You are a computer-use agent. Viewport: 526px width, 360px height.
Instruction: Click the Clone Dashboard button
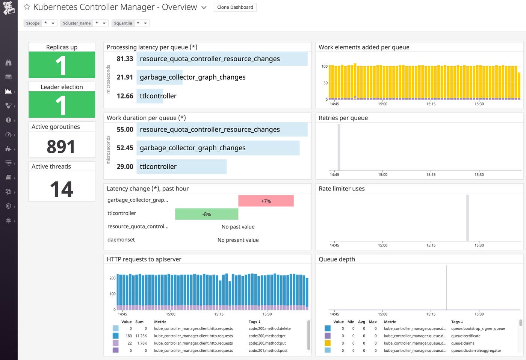(235, 7)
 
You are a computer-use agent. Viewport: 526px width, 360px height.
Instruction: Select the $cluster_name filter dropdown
(84, 23)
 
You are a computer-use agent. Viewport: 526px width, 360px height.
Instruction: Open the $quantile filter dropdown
(130, 23)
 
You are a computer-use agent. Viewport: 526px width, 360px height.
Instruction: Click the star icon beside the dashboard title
(27, 7)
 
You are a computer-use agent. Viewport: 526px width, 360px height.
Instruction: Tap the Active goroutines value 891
(61, 147)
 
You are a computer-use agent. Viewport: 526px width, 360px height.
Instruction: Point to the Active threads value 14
(62, 189)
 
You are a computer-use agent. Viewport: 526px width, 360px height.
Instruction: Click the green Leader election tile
(62, 105)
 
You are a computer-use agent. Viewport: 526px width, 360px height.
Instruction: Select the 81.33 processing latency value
(125, 59)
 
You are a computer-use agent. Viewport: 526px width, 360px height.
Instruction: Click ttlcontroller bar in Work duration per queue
(181, 167)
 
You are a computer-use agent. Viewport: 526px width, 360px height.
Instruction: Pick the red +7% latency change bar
(266, 201)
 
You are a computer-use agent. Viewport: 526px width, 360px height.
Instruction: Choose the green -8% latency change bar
(206, 214)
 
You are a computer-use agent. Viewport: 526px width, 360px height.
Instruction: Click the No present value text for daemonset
(238, 240)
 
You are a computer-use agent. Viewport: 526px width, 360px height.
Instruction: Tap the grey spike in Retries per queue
(339, 147)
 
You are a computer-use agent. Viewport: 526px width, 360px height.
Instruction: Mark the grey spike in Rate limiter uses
(467, 218)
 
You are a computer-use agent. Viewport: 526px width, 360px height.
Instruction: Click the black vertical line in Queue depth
(447, 287)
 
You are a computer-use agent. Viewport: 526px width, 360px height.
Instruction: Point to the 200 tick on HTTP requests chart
(112, 278)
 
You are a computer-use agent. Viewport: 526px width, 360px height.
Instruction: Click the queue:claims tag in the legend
(463, 343)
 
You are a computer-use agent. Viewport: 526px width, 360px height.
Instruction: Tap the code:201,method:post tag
(268, 351)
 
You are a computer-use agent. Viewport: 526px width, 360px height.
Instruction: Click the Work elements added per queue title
(364, 47)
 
